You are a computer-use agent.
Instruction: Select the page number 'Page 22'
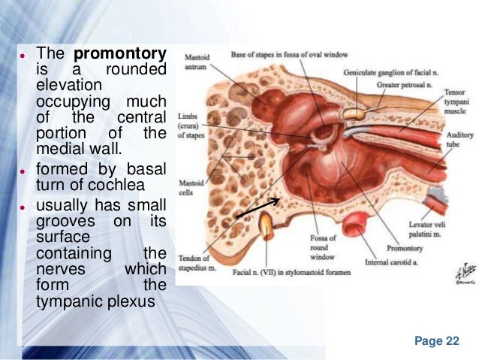tap(436, 340)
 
